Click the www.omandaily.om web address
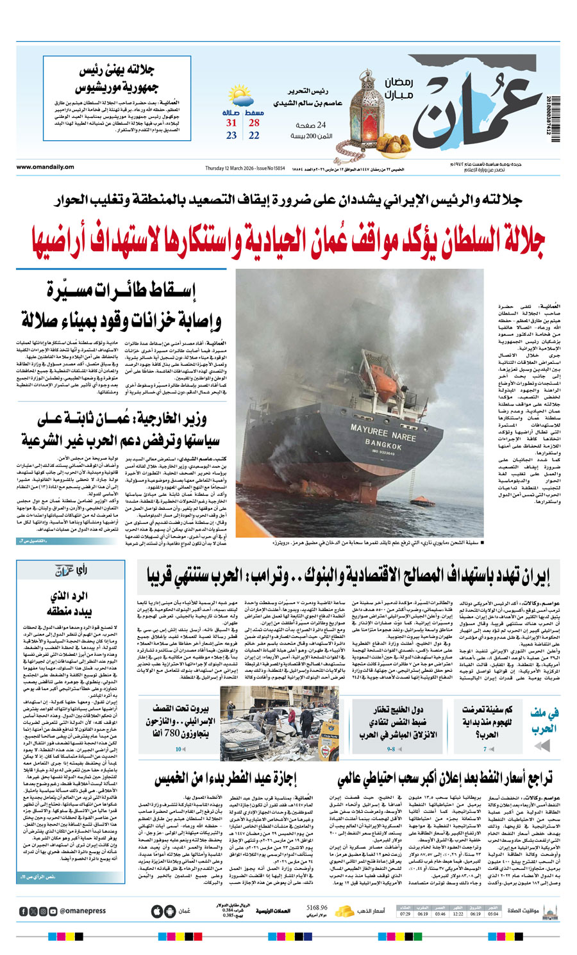[46, 168]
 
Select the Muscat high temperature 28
[255, 123]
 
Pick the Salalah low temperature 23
[231, 136]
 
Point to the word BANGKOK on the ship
[383, 443]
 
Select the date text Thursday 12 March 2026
[231, 168]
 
